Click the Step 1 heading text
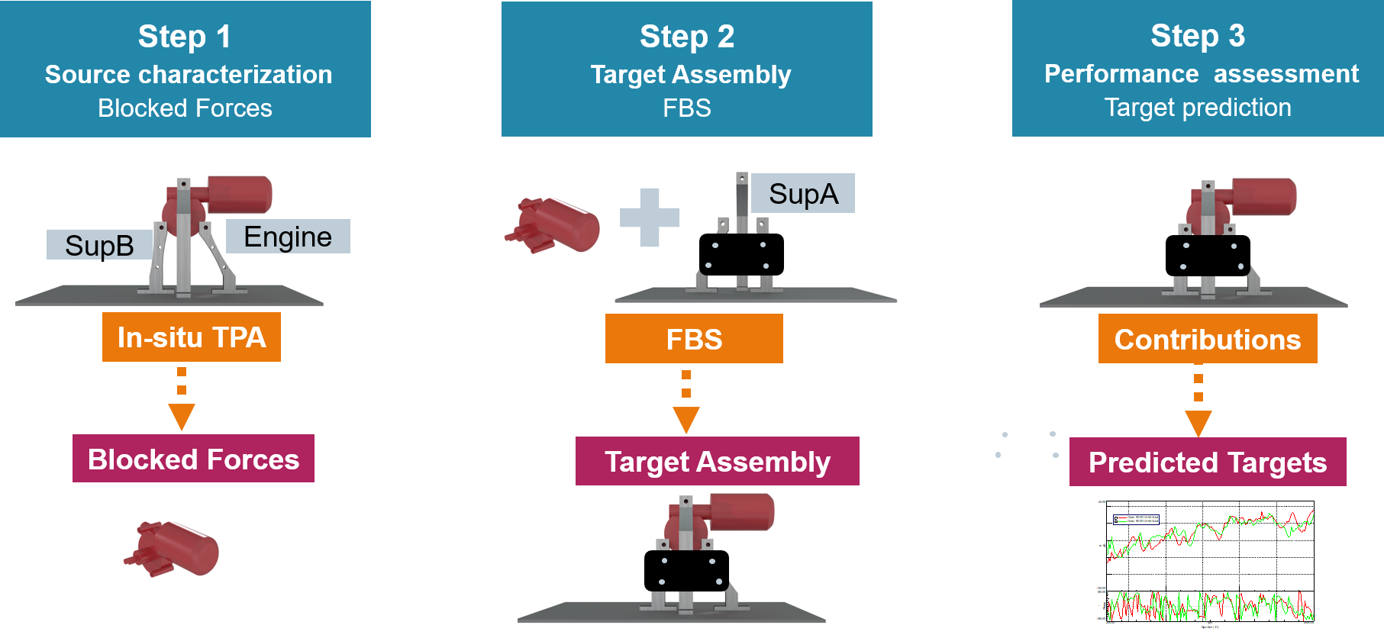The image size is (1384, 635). [x=184, y=37]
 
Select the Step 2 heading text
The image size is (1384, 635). [x=686, y=37]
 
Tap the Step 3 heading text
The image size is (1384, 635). [x=1197, y=36]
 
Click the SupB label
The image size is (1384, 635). [x=99, y=246]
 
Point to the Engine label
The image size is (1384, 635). [x=288, y=237]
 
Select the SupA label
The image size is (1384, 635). [x=803, y=194]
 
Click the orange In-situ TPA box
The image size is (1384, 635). [x=192, y=337]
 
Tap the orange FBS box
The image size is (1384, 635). [x=694, y=339]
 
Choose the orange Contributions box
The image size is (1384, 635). [x=1207, y=339]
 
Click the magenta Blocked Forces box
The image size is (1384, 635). [x=193, y=459]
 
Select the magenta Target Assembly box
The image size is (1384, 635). [x=717, y=461]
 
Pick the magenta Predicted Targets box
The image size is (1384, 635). [x=1207, y=462]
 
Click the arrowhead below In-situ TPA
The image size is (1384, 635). [x=182, y=417]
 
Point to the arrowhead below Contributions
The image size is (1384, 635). [x=1198, y=423]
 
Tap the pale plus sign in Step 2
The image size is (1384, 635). [x=649, y=218]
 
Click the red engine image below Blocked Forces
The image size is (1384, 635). [x=172, y=550]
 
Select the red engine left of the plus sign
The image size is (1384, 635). [x=552, y=225]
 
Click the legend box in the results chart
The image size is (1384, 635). [x=1136, y=520]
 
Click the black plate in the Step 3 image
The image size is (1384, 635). [x=1207, y=256]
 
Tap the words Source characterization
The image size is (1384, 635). [x=188, y=75]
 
